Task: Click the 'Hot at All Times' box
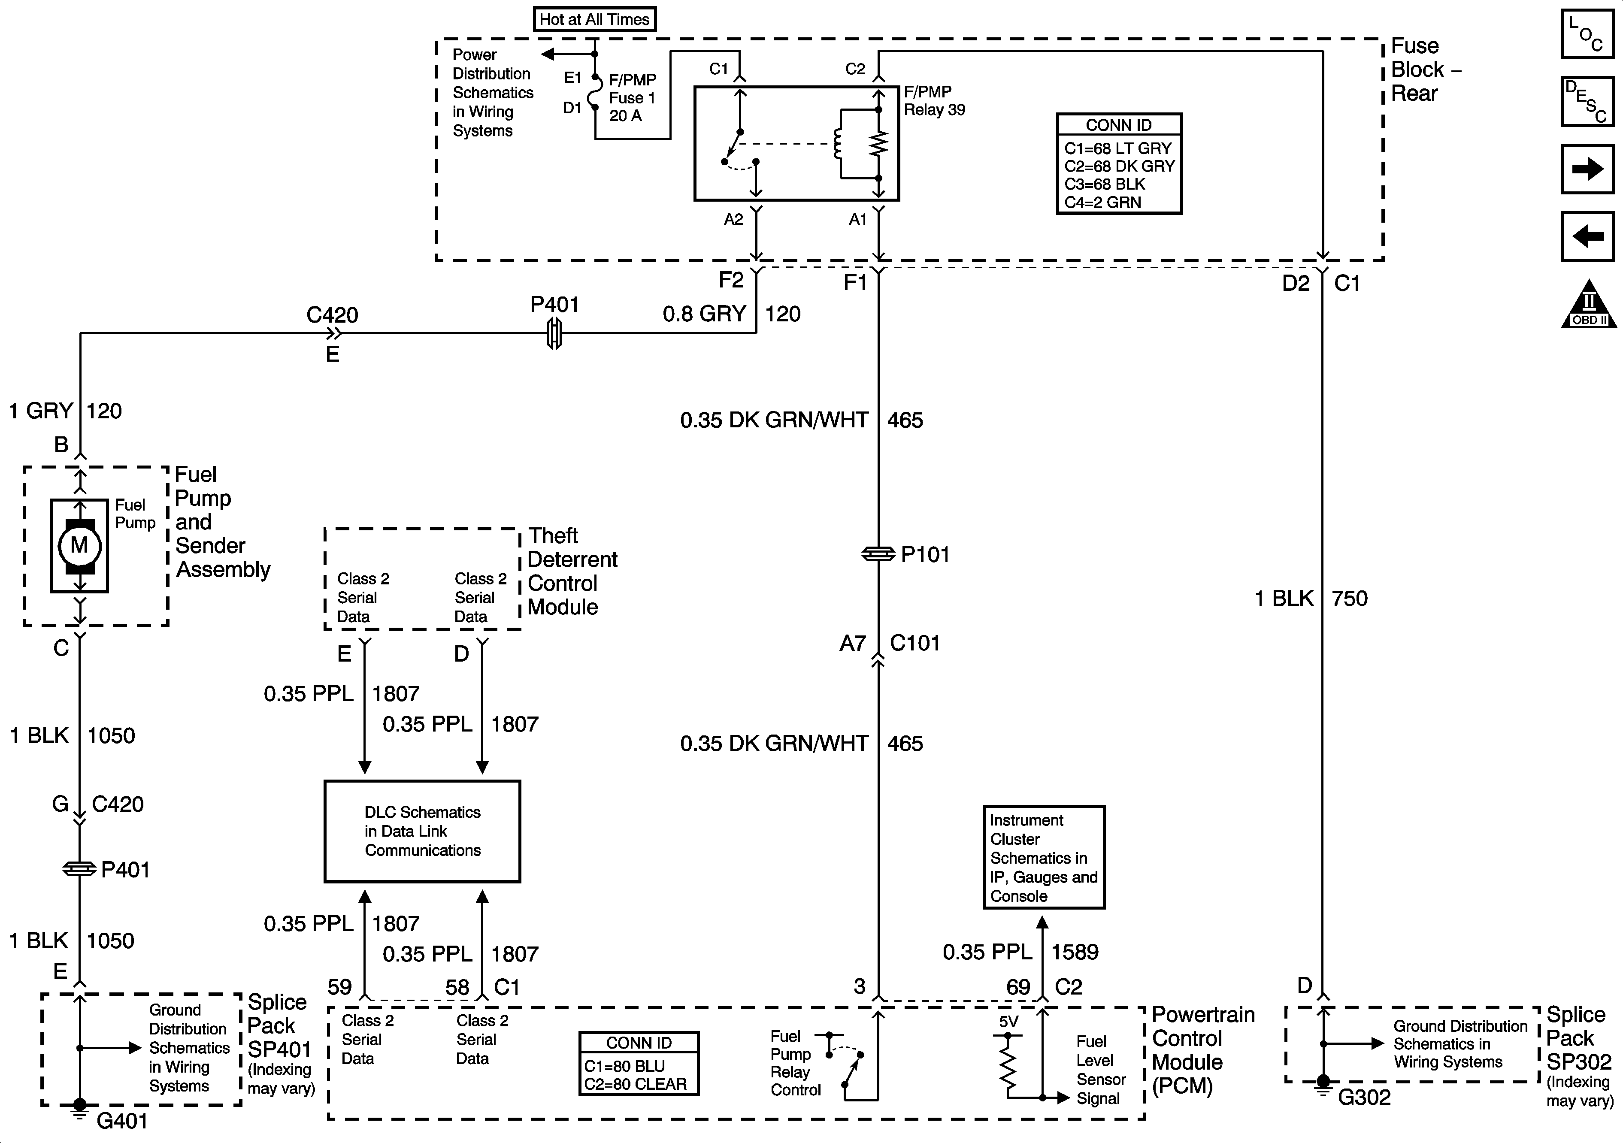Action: (594, 19)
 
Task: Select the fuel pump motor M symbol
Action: (79, 545)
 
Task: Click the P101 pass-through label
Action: (925, 555)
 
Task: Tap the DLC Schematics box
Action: (422, 831)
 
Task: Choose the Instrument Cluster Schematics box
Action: (1043, 857)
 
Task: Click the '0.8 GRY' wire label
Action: (704, 314)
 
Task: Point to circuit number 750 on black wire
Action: (1350, 599)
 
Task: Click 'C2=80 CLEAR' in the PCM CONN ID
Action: (635, 1084)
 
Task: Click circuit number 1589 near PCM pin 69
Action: (1075, 952)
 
